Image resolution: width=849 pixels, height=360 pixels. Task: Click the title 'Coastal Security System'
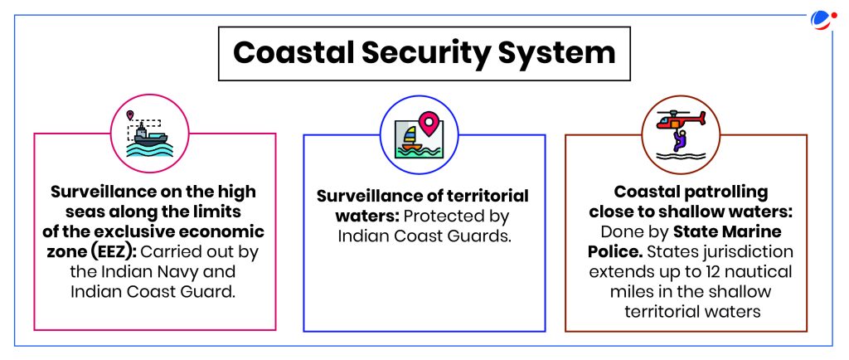pyautogui.click(x=424, y=53)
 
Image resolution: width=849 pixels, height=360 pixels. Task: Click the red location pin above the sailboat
pyautogui.click(x=429, y=124)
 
